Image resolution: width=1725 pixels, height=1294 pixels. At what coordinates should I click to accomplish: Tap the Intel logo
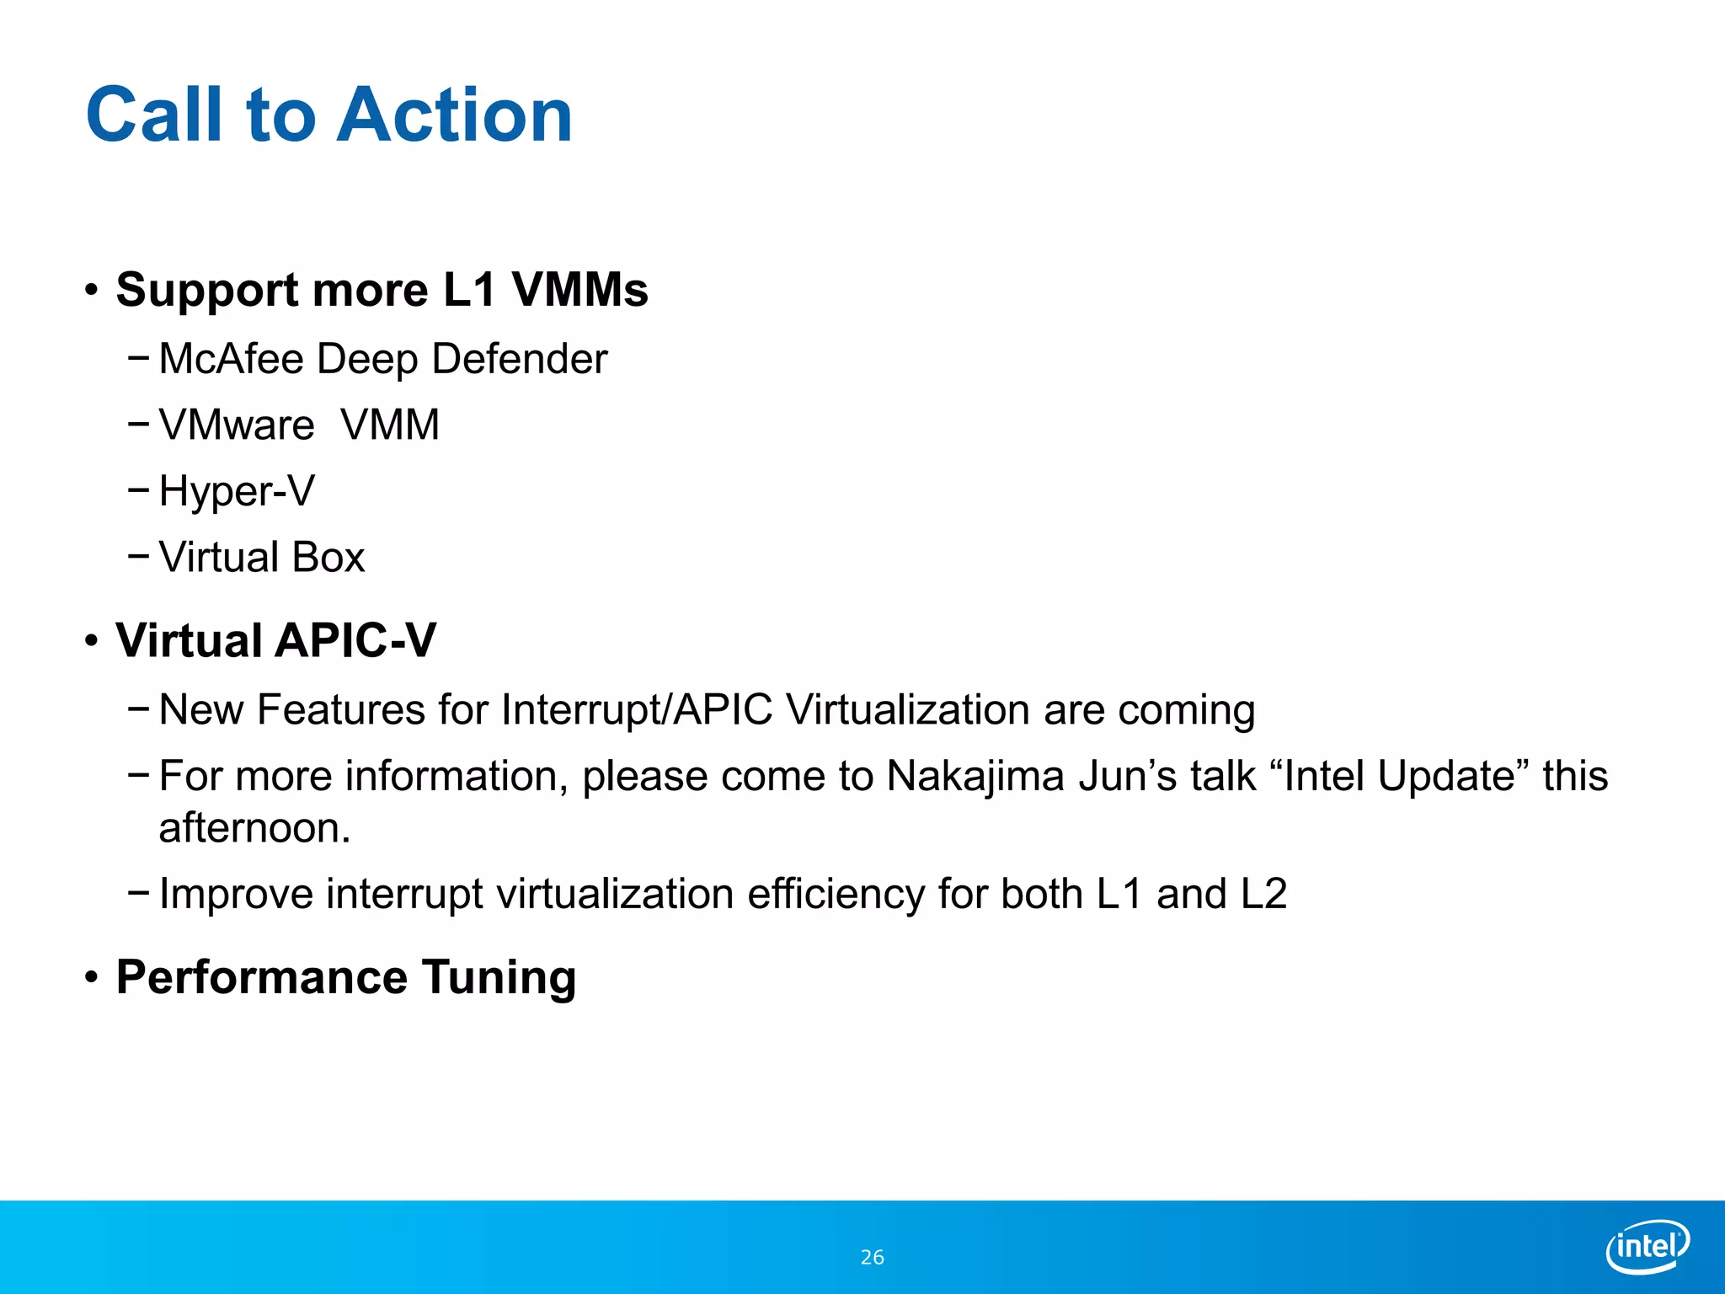click(x=1647, y=1246)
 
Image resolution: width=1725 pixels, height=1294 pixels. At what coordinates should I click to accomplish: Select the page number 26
click(x=872, y=1258)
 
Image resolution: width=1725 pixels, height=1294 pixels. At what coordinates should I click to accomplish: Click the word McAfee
click(x=231, y=359)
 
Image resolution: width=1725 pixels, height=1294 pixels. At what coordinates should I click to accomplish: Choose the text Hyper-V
click(x=237, y=491)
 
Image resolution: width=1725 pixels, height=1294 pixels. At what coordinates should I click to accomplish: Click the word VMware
click(x=237, y=425)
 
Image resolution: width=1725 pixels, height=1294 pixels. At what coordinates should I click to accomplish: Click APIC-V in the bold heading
click(x=355, y=640)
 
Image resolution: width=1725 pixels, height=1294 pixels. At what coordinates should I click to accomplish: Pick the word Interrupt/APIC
click(x=636, y=709)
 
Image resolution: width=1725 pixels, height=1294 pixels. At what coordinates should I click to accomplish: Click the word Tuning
click(x=499, y=977)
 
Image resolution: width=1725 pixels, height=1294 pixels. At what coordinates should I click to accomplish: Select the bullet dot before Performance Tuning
click(x=92, y=978)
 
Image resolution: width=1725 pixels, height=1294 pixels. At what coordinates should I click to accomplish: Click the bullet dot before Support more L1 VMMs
click(x=92, y=291)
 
